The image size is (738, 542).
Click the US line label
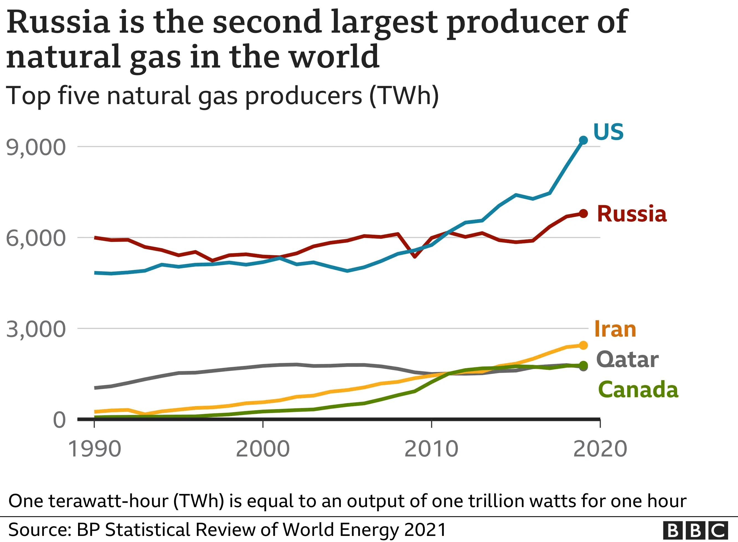(608, 132)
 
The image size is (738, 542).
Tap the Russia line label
(631, 214)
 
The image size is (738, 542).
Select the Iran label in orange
(615, 329)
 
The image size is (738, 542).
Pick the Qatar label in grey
(627, 360)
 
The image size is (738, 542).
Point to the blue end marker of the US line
(583, 140)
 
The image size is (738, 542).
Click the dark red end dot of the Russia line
(583, 214)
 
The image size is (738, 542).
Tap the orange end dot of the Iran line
(583, 345)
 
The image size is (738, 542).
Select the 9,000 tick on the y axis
(36, 147)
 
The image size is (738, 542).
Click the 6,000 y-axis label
(36, 238)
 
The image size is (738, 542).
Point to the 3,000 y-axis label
(36, 329)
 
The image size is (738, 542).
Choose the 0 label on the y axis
(59, 420)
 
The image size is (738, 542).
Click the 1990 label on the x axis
(94, 449)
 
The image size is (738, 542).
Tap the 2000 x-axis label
(263, 449)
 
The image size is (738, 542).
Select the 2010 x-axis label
(431, 449)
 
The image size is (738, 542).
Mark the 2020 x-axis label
(600, 449)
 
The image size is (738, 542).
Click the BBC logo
(695, 530)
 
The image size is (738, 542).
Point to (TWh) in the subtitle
(404, 96)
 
